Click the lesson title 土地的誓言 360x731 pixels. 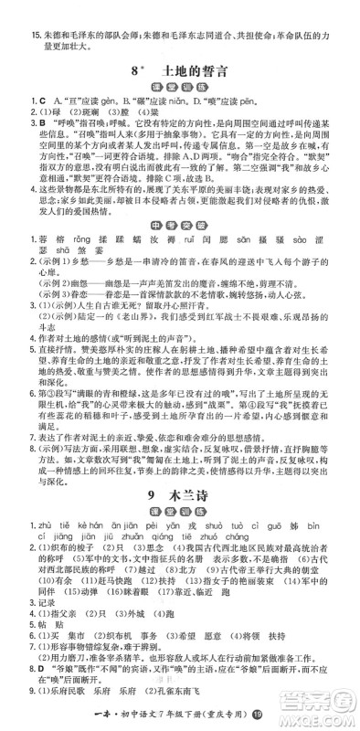(196, 69)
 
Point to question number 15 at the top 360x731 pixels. (13, 12)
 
